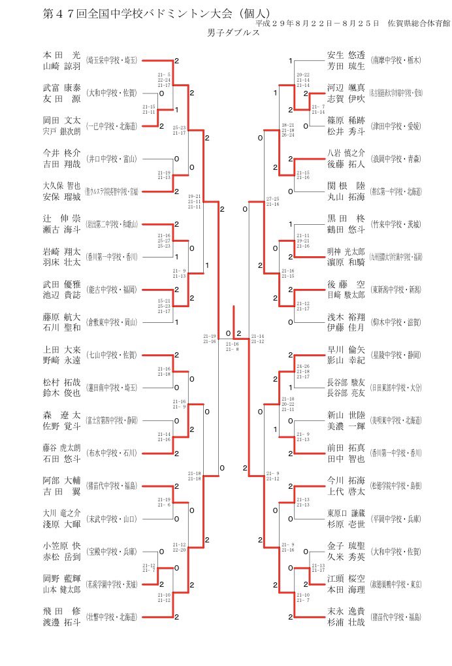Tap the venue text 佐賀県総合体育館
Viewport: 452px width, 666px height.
tap(418, 23)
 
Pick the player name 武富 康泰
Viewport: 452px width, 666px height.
tap(61, 87)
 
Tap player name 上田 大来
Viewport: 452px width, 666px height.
tap(61, 349)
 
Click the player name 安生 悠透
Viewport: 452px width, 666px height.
tap(346, 55)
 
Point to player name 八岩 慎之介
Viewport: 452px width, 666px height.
tap(346, 153)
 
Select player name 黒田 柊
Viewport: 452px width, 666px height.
tap(346, 218)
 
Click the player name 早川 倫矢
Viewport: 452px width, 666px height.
tap(346, 349)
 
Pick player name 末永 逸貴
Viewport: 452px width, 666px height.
tap(346, 610)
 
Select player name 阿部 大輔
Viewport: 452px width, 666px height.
tap(61, 480)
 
